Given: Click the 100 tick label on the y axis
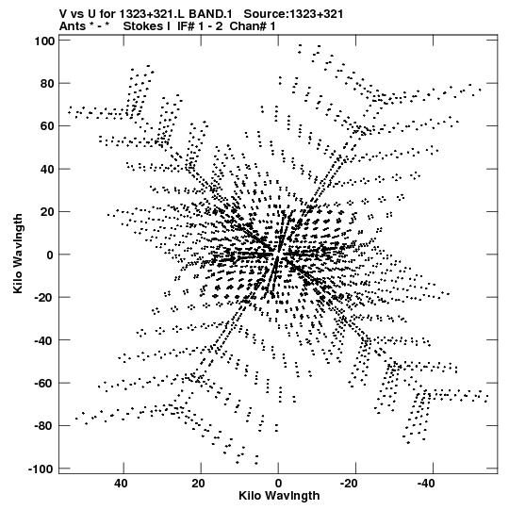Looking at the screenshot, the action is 44,41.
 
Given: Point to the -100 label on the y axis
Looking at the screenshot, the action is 41,469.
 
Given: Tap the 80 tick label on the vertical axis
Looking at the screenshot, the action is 47,84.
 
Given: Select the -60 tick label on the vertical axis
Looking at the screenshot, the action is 44,383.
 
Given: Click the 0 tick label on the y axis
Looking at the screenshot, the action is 50,255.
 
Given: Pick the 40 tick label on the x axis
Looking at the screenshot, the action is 121,484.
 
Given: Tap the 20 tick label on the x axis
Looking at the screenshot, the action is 198,484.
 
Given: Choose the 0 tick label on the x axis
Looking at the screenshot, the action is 278,484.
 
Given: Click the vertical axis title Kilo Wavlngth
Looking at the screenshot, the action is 18,254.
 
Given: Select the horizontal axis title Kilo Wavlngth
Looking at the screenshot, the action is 279,496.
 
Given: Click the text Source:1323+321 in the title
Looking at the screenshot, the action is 293,14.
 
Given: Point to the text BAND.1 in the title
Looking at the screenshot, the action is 210,14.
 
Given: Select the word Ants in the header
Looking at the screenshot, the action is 73,26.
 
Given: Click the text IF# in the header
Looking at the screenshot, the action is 186,26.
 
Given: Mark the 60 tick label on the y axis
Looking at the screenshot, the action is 47,126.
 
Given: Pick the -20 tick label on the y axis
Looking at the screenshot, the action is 44,298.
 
